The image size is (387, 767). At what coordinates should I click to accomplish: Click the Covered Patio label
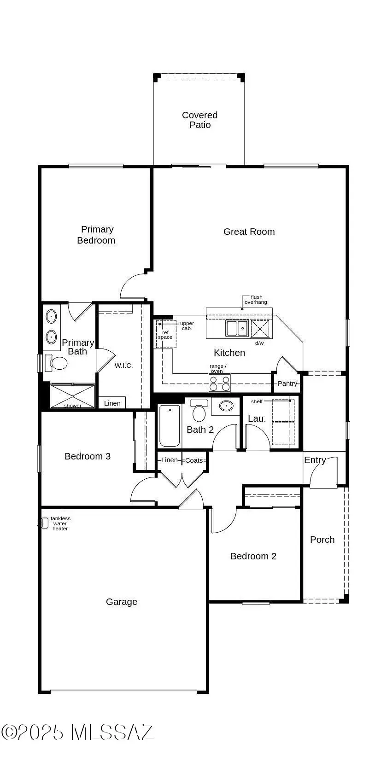click(199, 120)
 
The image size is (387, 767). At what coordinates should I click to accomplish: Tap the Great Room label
click(249, 232)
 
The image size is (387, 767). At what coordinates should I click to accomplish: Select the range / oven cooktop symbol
click(220, 383)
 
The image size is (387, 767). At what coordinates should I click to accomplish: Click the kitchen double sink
click(237, 328)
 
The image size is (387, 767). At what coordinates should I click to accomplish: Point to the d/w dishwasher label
click(259, 343)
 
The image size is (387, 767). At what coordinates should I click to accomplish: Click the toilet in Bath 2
click(199, 411)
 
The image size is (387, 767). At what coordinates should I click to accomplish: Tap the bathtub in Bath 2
click(169, 425)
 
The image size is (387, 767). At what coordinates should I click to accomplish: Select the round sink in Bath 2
click(226, 406)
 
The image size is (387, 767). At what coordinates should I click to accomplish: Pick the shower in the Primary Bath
click(73, 396)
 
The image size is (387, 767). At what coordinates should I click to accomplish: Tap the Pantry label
click(287, 383)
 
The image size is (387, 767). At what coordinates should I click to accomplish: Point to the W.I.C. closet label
click(123, 366)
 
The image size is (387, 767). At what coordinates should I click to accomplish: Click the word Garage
click(122, 602)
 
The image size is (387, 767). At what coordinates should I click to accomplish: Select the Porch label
click(322, 540)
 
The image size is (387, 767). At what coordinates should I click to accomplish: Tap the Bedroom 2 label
click(253, 556)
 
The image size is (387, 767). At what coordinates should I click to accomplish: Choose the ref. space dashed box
click(165, 334)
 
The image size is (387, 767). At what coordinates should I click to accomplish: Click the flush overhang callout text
click(256, 300)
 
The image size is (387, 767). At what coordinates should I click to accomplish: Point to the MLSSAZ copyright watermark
click(77, 732)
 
